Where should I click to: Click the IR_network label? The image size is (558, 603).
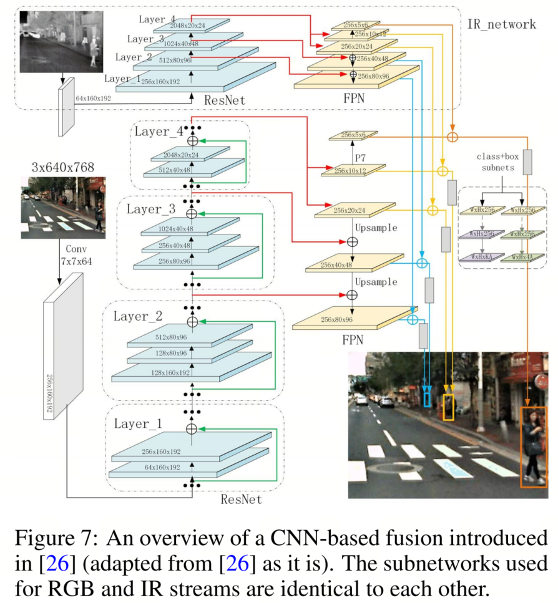tap(501, 24)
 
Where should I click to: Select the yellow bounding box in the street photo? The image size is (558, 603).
tap(448, 407)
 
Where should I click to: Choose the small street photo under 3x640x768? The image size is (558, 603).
tap(62, 207)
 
